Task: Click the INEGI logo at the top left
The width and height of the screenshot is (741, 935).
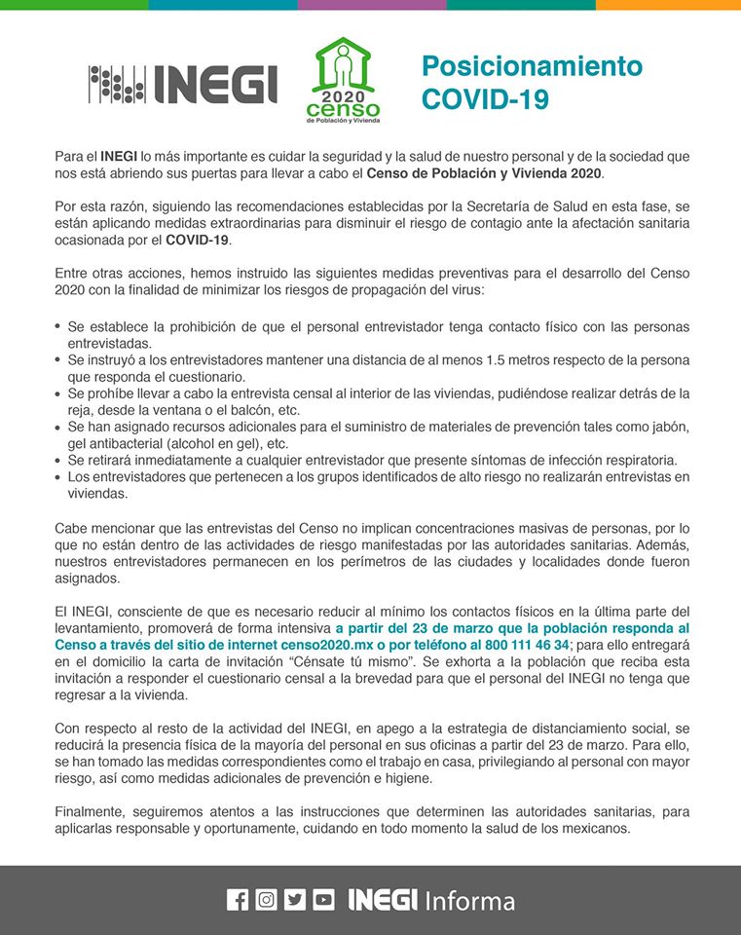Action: [183, 84]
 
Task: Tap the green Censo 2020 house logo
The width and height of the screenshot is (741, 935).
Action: [343, 81]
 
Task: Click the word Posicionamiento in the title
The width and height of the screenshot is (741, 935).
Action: [532, 66]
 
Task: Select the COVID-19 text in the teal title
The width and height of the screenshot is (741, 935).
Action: [485, 99]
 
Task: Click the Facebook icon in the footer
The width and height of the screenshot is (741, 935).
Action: [238, 900]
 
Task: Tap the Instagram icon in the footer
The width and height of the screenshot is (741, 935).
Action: [266, 900]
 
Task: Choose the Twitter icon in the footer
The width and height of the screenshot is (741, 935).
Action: [295, 900]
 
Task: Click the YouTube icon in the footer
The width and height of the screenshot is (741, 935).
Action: [324, 900]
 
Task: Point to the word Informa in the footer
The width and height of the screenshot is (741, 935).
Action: [469, 901]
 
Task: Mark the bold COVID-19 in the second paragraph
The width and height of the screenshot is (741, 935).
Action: [198, 240]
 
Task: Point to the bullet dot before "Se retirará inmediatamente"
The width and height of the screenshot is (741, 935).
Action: [58, 460]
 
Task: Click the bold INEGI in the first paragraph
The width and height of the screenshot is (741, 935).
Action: [118, 156]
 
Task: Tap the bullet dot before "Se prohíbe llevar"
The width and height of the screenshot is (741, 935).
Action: [58, 393]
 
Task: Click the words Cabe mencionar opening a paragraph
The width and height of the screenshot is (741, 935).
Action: [108, 527]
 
